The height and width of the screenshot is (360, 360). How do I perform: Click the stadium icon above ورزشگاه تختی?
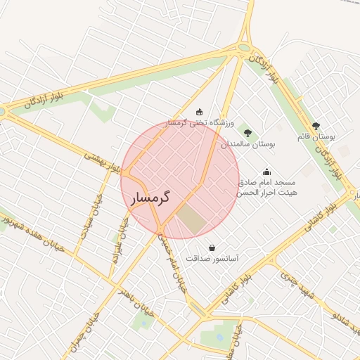[x=200, y=112]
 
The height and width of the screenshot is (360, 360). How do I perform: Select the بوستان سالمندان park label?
[x=247, y=143]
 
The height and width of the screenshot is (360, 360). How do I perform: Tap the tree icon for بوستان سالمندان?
[x=247, y=132]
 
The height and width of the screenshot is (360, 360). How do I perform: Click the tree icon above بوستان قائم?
[x=316, y=126]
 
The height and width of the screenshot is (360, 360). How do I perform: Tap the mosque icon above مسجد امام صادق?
[x=267, y=171]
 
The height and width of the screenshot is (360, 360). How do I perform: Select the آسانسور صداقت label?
[x=212, y=259]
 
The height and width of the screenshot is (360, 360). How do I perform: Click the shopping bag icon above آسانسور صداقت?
[x=212, y=247]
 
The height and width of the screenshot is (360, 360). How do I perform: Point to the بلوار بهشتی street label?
[x=102, y=162]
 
